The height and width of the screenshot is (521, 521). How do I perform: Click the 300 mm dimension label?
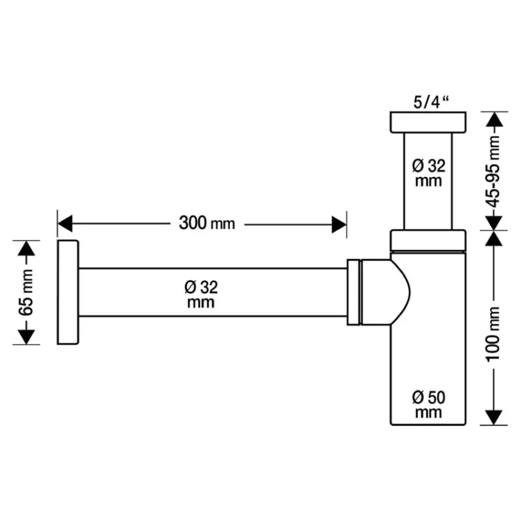206,223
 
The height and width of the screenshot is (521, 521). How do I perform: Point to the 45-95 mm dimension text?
494,171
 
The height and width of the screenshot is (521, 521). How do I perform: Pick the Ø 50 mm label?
429,404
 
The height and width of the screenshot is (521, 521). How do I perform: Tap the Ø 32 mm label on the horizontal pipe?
201,294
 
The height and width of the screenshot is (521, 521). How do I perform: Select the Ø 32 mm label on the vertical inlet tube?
429,173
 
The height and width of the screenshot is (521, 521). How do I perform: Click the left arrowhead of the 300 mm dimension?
64,225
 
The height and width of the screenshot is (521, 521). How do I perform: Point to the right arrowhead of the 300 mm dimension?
339,225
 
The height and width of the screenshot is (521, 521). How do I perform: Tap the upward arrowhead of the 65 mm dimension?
25,248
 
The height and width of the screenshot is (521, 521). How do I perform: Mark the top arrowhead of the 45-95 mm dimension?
494,120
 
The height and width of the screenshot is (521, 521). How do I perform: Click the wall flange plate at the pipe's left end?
68,292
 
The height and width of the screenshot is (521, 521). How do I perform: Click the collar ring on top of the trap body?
429,240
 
